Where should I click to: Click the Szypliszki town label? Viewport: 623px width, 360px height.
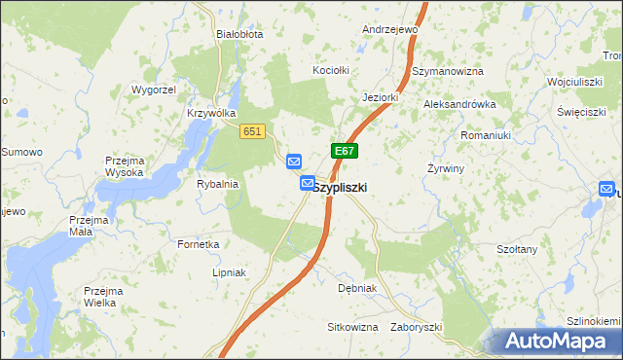click(340, 188)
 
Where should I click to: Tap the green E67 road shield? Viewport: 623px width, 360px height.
click(345, 151)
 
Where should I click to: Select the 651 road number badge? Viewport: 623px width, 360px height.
click(252, 131)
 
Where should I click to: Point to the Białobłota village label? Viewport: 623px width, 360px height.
click(239, 33)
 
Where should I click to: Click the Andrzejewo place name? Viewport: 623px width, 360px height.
click(389, 30)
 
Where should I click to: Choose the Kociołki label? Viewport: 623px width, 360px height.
click(330, 71)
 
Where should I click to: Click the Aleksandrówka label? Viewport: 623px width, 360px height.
click(459, 104)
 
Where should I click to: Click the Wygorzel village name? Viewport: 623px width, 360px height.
click(153, 90)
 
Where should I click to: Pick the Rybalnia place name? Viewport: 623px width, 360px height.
click(217, 183)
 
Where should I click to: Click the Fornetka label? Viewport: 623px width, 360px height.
click(199, 244)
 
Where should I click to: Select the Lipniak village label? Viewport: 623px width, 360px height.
click(232, 272)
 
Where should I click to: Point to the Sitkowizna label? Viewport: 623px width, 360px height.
click(352, 327)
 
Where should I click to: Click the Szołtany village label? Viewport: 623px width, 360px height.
click(517, 250)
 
